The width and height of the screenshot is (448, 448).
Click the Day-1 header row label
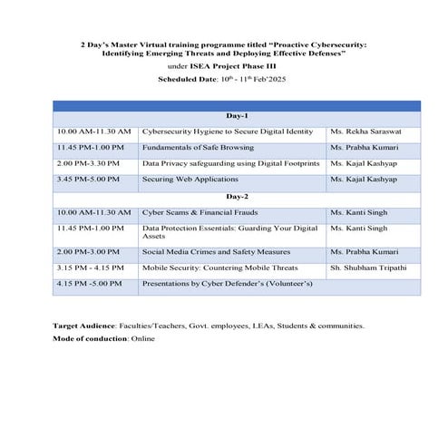pos(237,116)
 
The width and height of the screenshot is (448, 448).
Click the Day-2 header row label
pos(237,196)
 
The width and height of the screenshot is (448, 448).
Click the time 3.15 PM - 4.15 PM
pos(92,268)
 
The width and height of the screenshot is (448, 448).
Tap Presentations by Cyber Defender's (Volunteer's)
pos(227,284)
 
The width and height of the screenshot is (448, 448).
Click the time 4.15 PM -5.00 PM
pos(90,284)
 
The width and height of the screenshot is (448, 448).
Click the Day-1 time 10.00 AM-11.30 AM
pos(93,131)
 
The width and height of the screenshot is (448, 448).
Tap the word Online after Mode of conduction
pos(143,338)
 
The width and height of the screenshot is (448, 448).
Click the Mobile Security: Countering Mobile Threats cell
pos(219,268)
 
